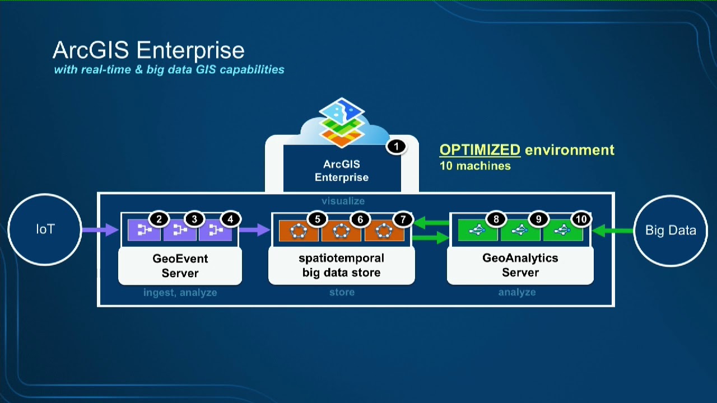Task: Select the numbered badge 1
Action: pyautogui.click(x=396, y=147)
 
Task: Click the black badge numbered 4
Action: pyautogui.click(x=230, y=219)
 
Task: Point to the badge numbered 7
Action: pyautogui.click(x=403, y=219)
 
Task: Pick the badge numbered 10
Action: pyautogui.click(x=581, y=219)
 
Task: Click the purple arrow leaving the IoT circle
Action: pyautogui.click(x=100, y=229)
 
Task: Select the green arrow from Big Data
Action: pyautogui.click(x=613, y=231)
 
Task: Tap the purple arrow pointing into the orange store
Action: pyautogui.click(x=254, y=229)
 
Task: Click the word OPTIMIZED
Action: pyautogui.click(x=480, y=149)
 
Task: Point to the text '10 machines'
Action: pyautogui.click(x=475, y=166)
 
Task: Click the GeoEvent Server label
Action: pyautogui.click(x=180, y=266)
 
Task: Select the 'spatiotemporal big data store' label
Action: pyautogui.click(x=342, y=265)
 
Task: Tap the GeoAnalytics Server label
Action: pyautogui.click(x=520, y=265)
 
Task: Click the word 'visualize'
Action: pyautogui.click(x=343, y=201)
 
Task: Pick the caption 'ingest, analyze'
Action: pyautogui.click(x=180, y=292)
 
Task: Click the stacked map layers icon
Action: pyautogui.click(x=342, y=123)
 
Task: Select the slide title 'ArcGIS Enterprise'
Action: pyautogui.click(x=148, y=50)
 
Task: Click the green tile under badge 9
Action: pyautogui.click(x=520, y=230)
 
